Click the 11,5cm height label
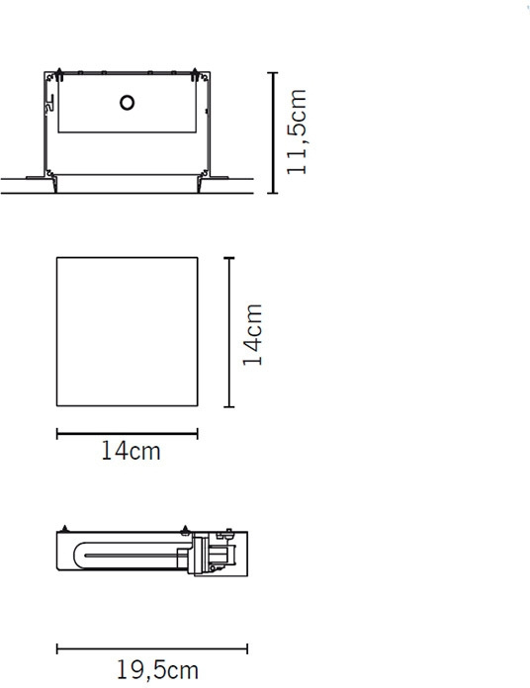[297, 131]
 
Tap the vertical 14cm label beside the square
[253, 335]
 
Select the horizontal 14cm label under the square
[131, 451]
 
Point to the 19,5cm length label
[157, 670]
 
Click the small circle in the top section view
[127, 103]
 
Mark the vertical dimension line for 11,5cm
[273, 132]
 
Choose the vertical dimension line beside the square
[229, 332]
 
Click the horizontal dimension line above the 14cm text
[128, 434]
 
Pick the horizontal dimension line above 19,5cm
[152, 648]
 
